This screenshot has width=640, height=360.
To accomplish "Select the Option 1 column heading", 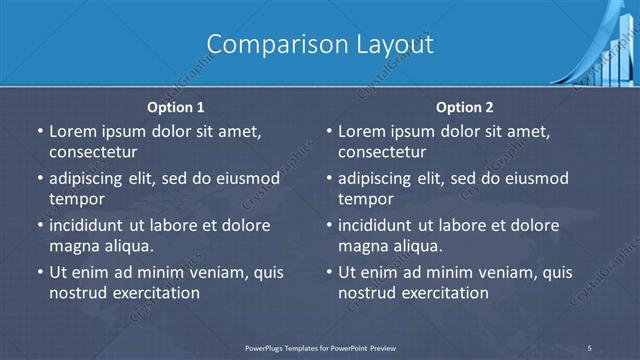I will (x=176, y=107).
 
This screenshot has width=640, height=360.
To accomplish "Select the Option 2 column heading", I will (x=466, y=107).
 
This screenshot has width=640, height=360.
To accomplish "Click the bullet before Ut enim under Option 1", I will (x=38, y=272).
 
